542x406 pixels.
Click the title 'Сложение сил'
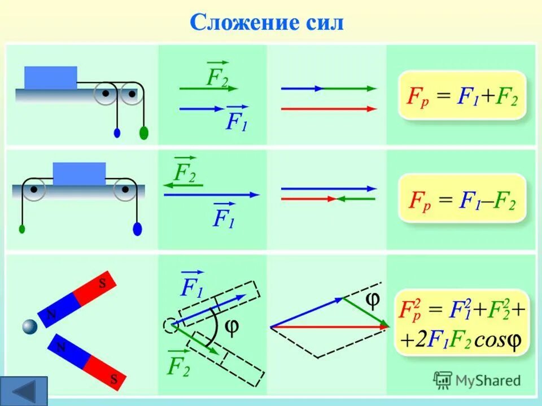pyautogui.click(x=266, y=23)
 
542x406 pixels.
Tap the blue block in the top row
pyautogui.click(x=50, y=77)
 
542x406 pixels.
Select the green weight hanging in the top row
pyautogui.click(x=144, y=133)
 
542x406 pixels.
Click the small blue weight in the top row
pyautogui.click(x=117, y=133)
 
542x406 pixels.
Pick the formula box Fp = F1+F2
pyautogui.click(x=462, y=95)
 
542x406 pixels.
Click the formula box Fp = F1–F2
pyautogui.click(x=462, y=198)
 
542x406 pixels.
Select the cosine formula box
pyautogui.click(x=461, y=322)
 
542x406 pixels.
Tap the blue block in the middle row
pyautogui.click(x=79, y=174)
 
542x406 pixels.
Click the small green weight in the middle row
pyautogui.click(x=22, y=229)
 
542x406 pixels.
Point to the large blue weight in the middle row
pyautogui.click(x=137, y=229)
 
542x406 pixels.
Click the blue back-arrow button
pyautogui.click(x=24, y=391)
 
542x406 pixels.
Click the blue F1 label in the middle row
pyautogui.click(x=224, y=215)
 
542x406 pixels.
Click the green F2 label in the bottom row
pyautogui.click(x=178, y=365)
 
